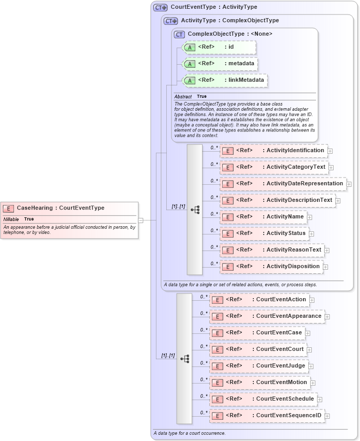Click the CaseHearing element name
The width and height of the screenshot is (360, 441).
35,208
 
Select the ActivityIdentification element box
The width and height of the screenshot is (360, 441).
273,151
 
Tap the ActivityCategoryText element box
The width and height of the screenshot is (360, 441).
273,167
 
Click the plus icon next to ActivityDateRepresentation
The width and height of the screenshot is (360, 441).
349,184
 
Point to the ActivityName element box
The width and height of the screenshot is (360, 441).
263,217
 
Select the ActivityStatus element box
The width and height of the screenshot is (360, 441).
264,233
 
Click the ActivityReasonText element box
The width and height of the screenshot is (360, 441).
271,250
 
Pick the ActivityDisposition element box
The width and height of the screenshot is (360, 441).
271,267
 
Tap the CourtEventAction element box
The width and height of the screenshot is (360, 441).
259,300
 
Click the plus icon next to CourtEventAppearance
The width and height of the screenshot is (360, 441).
327,316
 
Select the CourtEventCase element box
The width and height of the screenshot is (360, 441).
257,333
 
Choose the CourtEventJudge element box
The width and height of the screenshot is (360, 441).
258,366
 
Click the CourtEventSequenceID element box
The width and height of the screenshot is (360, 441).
267,416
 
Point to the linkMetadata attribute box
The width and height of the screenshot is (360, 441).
225,80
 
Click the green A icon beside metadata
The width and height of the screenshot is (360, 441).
190,64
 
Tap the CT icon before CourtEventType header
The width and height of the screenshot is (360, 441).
161,8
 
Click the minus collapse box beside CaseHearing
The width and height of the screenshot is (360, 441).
140,220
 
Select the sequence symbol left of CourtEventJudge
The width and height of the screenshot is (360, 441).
184,358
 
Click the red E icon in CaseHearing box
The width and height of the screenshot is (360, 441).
8,208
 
